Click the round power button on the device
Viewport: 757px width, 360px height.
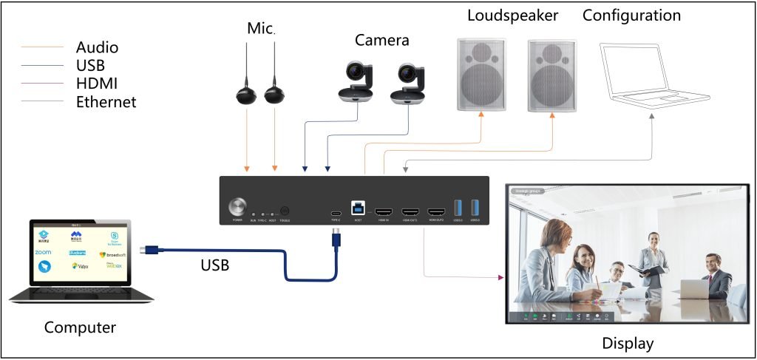238,206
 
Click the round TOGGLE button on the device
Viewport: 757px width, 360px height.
285,211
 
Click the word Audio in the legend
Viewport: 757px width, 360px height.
98,48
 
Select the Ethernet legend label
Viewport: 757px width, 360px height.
106,102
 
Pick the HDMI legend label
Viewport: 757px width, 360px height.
97,84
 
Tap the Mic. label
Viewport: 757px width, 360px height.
260,29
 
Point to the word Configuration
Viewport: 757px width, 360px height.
631,16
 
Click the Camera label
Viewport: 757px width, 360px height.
381,40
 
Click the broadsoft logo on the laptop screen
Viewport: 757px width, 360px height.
113,254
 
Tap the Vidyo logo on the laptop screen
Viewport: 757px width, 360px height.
80,266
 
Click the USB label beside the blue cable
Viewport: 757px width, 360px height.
214,263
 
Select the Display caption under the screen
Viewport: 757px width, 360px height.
628,344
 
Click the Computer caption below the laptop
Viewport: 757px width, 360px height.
80,327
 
